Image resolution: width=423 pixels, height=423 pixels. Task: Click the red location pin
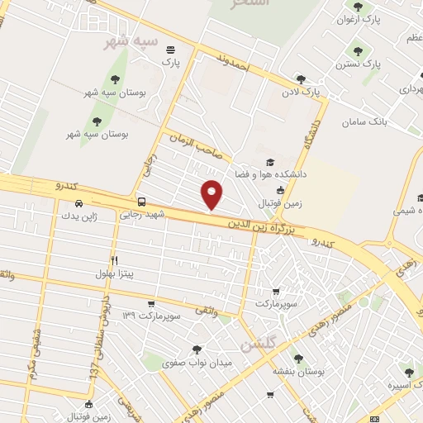click(212, 194)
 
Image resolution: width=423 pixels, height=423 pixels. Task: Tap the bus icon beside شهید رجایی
click(141, 202)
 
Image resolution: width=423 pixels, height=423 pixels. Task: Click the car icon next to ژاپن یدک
click(78, 203)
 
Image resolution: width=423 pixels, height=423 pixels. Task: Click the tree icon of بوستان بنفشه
click(298, 359)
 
